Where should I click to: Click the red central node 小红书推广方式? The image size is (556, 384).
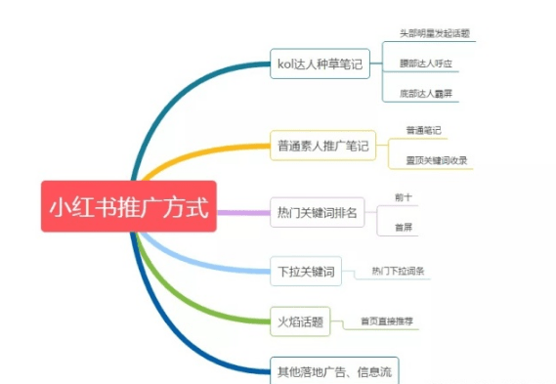coord(129,206)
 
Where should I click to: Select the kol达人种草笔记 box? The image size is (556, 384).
coord(320,66)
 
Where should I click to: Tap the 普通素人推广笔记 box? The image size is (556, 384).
coord(323,148)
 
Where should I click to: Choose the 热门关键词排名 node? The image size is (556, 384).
coord(318,212)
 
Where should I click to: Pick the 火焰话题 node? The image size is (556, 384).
coord(300,319)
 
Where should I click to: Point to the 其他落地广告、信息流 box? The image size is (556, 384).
coord(334,369)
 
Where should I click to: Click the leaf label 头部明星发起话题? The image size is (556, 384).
coord(434,33)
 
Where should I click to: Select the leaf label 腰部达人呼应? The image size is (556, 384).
coord(425,64)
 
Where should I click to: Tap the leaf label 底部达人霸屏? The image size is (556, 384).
coord(425,95)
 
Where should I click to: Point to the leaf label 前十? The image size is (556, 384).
coord(403,197)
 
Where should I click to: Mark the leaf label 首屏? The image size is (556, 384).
coord(403,227)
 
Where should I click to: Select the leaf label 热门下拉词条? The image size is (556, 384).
coord(398,271)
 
